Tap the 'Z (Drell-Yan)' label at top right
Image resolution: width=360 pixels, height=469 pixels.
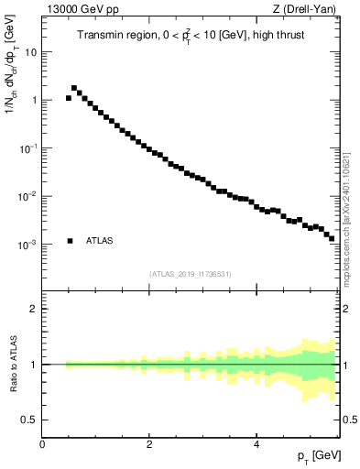(x=310, y=10)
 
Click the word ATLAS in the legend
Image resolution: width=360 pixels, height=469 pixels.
(x=100, y=241)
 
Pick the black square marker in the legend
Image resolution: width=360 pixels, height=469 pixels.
(x=71, y=241)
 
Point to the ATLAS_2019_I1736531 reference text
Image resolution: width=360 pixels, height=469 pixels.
(x=191, y=274)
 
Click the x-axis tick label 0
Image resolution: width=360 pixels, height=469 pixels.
(x=42, y=444)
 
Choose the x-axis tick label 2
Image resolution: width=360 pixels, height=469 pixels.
(x=149, y=444)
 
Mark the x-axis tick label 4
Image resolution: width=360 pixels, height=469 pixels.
(x=256, y=444)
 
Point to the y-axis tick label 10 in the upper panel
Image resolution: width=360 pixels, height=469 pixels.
(x=30, y=52)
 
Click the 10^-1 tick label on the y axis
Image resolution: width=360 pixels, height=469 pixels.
(x=27, y=147)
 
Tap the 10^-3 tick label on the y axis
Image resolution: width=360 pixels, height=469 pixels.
(x=27, y=245)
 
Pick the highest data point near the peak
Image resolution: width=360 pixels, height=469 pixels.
(x=74, y=88)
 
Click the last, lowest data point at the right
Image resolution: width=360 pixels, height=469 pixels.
(x=332, y=238)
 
